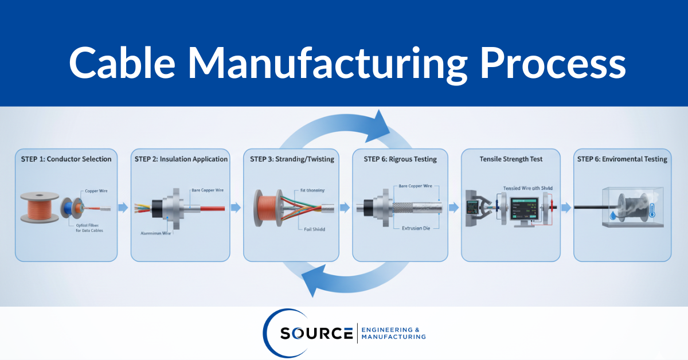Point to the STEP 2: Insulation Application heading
click(x=181, y=159)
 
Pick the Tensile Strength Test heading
click(x=510, y=159)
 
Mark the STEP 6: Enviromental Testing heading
click(x=622, y=159)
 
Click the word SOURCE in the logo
click(x=316, y=334)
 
